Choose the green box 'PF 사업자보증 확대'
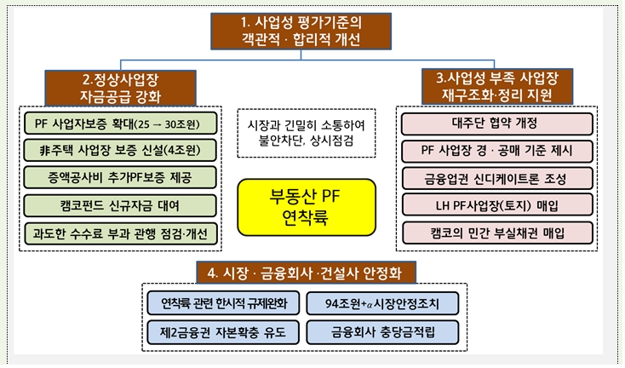119,123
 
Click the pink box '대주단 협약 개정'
497,123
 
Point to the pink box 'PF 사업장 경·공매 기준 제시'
497,150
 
